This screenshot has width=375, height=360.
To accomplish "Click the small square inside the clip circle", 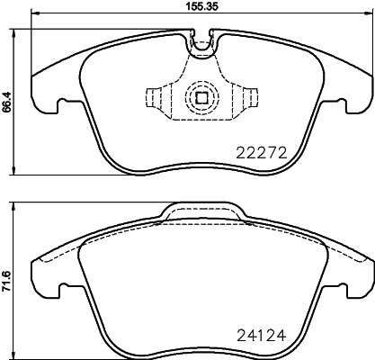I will [201, 99].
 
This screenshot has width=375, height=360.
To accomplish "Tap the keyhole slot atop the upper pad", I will [201, 39].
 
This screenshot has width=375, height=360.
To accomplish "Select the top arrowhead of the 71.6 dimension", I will [17, 202].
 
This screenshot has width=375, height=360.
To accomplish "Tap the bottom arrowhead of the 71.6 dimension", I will [17, 354].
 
